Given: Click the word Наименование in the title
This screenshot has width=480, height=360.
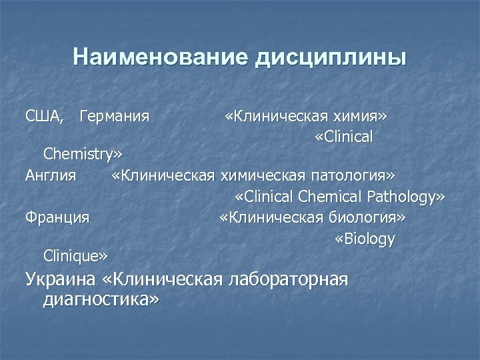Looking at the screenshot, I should [160, 57].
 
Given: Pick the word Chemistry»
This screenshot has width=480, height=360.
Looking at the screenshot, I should [83, 155].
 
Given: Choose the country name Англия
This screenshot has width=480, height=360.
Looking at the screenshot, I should [50, 176].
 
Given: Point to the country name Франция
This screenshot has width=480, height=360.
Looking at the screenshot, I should [57, 217].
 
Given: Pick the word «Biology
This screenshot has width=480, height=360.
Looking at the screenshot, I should [365, 239].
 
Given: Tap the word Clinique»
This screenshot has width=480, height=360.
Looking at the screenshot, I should [75, 256].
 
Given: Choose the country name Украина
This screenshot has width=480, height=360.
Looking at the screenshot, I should [61, 279].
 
